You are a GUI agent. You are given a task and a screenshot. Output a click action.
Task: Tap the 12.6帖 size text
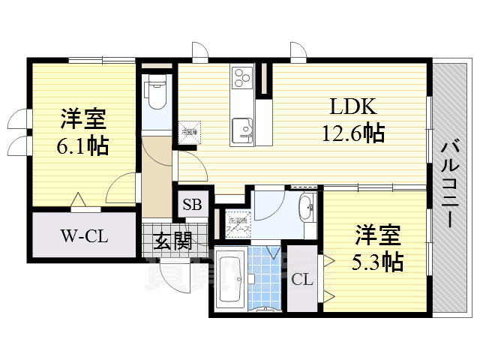tap(353, 133)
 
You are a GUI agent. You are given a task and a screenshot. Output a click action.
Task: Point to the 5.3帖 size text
tap(378, 262)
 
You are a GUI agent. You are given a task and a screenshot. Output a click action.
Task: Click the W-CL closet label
tap(84, 237)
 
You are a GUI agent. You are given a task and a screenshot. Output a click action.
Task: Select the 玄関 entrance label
tap(172, 241)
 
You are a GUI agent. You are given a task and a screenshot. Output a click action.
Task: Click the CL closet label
tap(301, 280)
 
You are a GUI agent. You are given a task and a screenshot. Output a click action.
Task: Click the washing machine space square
tap(238, 223)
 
